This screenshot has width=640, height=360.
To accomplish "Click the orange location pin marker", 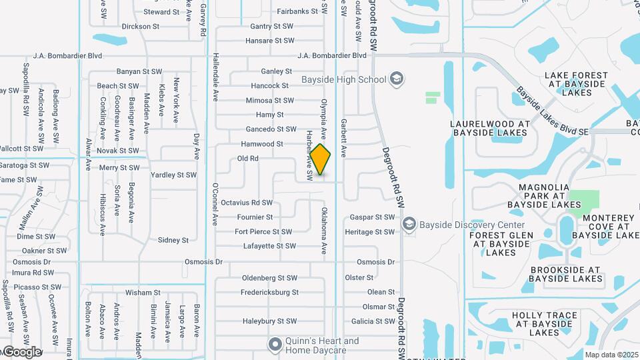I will [x=321, y=160].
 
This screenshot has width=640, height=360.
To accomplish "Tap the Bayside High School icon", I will [x=397, y=79].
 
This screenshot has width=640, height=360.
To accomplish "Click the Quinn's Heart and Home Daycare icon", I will [x=275, y=345].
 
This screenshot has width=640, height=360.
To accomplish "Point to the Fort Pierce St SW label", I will [x=263, y=232].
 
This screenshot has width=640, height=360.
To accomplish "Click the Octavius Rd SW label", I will [x=247, y=203].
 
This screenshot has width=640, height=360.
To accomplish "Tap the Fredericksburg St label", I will [x=270, y=293].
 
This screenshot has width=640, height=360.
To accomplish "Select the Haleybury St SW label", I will [x=269, y=321].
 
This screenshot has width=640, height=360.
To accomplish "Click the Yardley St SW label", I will [x=173, y=175].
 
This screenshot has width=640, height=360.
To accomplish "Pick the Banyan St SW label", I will [x=139, y=71].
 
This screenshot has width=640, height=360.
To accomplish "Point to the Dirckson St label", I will [x=140, y=27].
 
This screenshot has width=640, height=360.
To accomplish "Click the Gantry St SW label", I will [x=271, y=27].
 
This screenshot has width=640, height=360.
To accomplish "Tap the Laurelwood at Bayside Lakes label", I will [x=489, y=129].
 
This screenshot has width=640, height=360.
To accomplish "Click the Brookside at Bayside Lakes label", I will [x=566, y=274].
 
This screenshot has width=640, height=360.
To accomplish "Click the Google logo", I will [x=22, y=351].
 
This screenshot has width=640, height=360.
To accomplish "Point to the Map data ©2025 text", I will [x=611, y=355].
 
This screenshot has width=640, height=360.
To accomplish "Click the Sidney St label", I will [x=173, y=240].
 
